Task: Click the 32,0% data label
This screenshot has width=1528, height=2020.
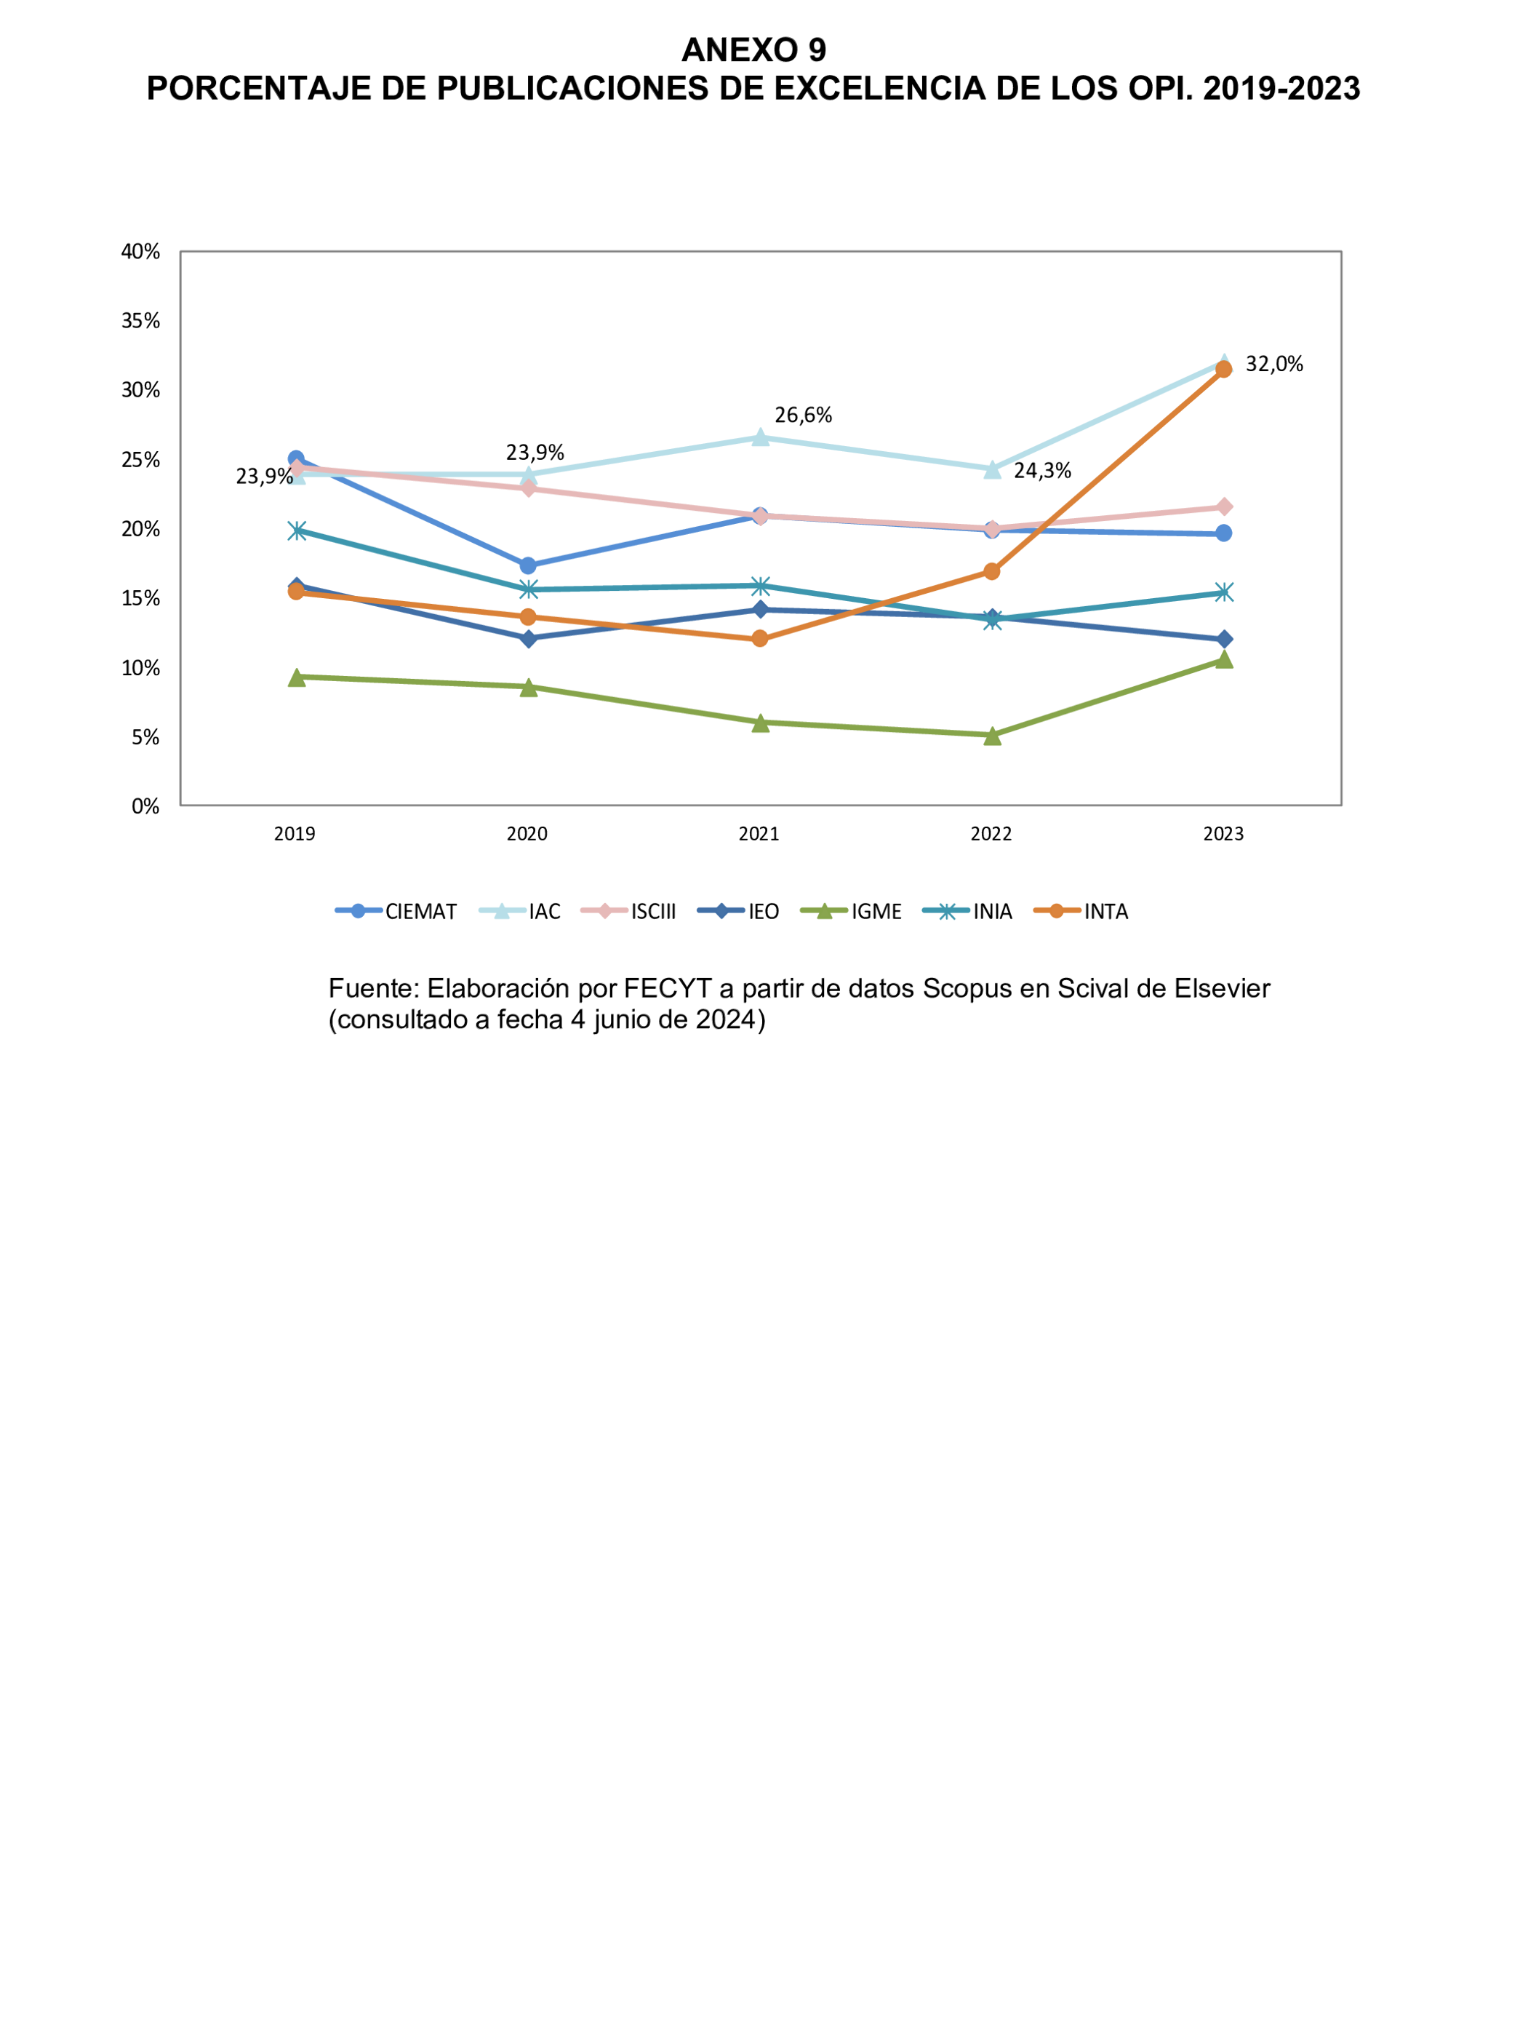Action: (1273, 365)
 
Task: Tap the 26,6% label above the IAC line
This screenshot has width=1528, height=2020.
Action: (803, 415)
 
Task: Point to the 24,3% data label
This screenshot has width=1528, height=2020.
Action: (1042, 472)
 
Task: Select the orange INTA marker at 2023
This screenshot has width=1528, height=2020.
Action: (1224, 369)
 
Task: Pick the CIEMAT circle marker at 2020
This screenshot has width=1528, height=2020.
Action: (527, 566)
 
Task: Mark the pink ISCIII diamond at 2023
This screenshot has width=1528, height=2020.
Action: (1224, 507)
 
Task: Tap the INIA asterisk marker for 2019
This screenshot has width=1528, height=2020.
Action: (296, 530)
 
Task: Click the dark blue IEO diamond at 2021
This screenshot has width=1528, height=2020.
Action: (759, 609)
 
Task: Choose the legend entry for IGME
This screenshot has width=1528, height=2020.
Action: (874, 911)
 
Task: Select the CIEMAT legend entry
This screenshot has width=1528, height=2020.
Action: (420, 911)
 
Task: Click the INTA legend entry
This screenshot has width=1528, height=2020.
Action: (1105, 911)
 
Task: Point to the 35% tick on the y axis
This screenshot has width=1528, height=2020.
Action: (140, 320)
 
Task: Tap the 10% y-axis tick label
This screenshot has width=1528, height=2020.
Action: (140, 667)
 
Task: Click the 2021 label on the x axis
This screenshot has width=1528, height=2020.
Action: (759, 834)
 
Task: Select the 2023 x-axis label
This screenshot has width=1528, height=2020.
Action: (1223, 834)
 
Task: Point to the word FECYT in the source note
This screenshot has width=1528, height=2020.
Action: (667, 989)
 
